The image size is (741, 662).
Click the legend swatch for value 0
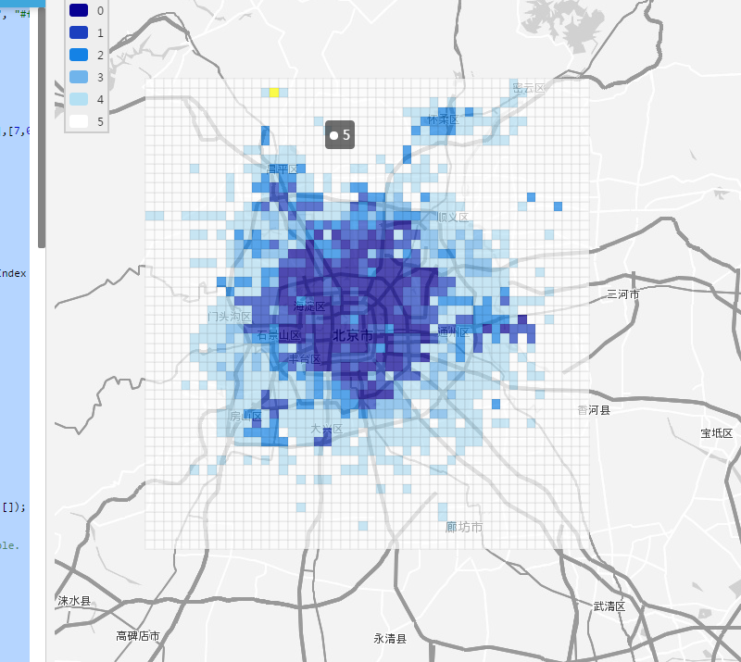(x=79, y=11)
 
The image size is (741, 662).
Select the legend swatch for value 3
(x=79, y=77)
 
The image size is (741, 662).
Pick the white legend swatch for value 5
(x=79, y=120)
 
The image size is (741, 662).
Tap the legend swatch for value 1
(x=79, y=33)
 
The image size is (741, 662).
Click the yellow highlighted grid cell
(x=275, y=93)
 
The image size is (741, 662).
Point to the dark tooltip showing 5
(x=340, y=135)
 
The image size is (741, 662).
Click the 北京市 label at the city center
(x=353, y=335)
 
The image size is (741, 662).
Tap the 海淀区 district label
(x=309, y=306)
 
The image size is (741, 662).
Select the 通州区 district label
(x=454, y=332)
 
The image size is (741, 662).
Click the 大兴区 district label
(x=326, y=430)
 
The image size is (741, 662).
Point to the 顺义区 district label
(x=452, y=218)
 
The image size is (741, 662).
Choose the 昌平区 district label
(x=283, y=169)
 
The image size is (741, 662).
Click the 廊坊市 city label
(x=463, y=527)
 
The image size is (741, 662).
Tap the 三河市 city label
(x=622, y=294)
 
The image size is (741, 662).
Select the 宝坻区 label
(x=716, y=433)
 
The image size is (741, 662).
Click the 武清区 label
(x=609, y=606)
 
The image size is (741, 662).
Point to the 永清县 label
(x=390, y=638)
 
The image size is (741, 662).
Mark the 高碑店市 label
(x=138, y=636)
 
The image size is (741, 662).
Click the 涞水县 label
(x=74, y=601)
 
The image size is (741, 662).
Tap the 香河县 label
(x=594, y=410)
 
